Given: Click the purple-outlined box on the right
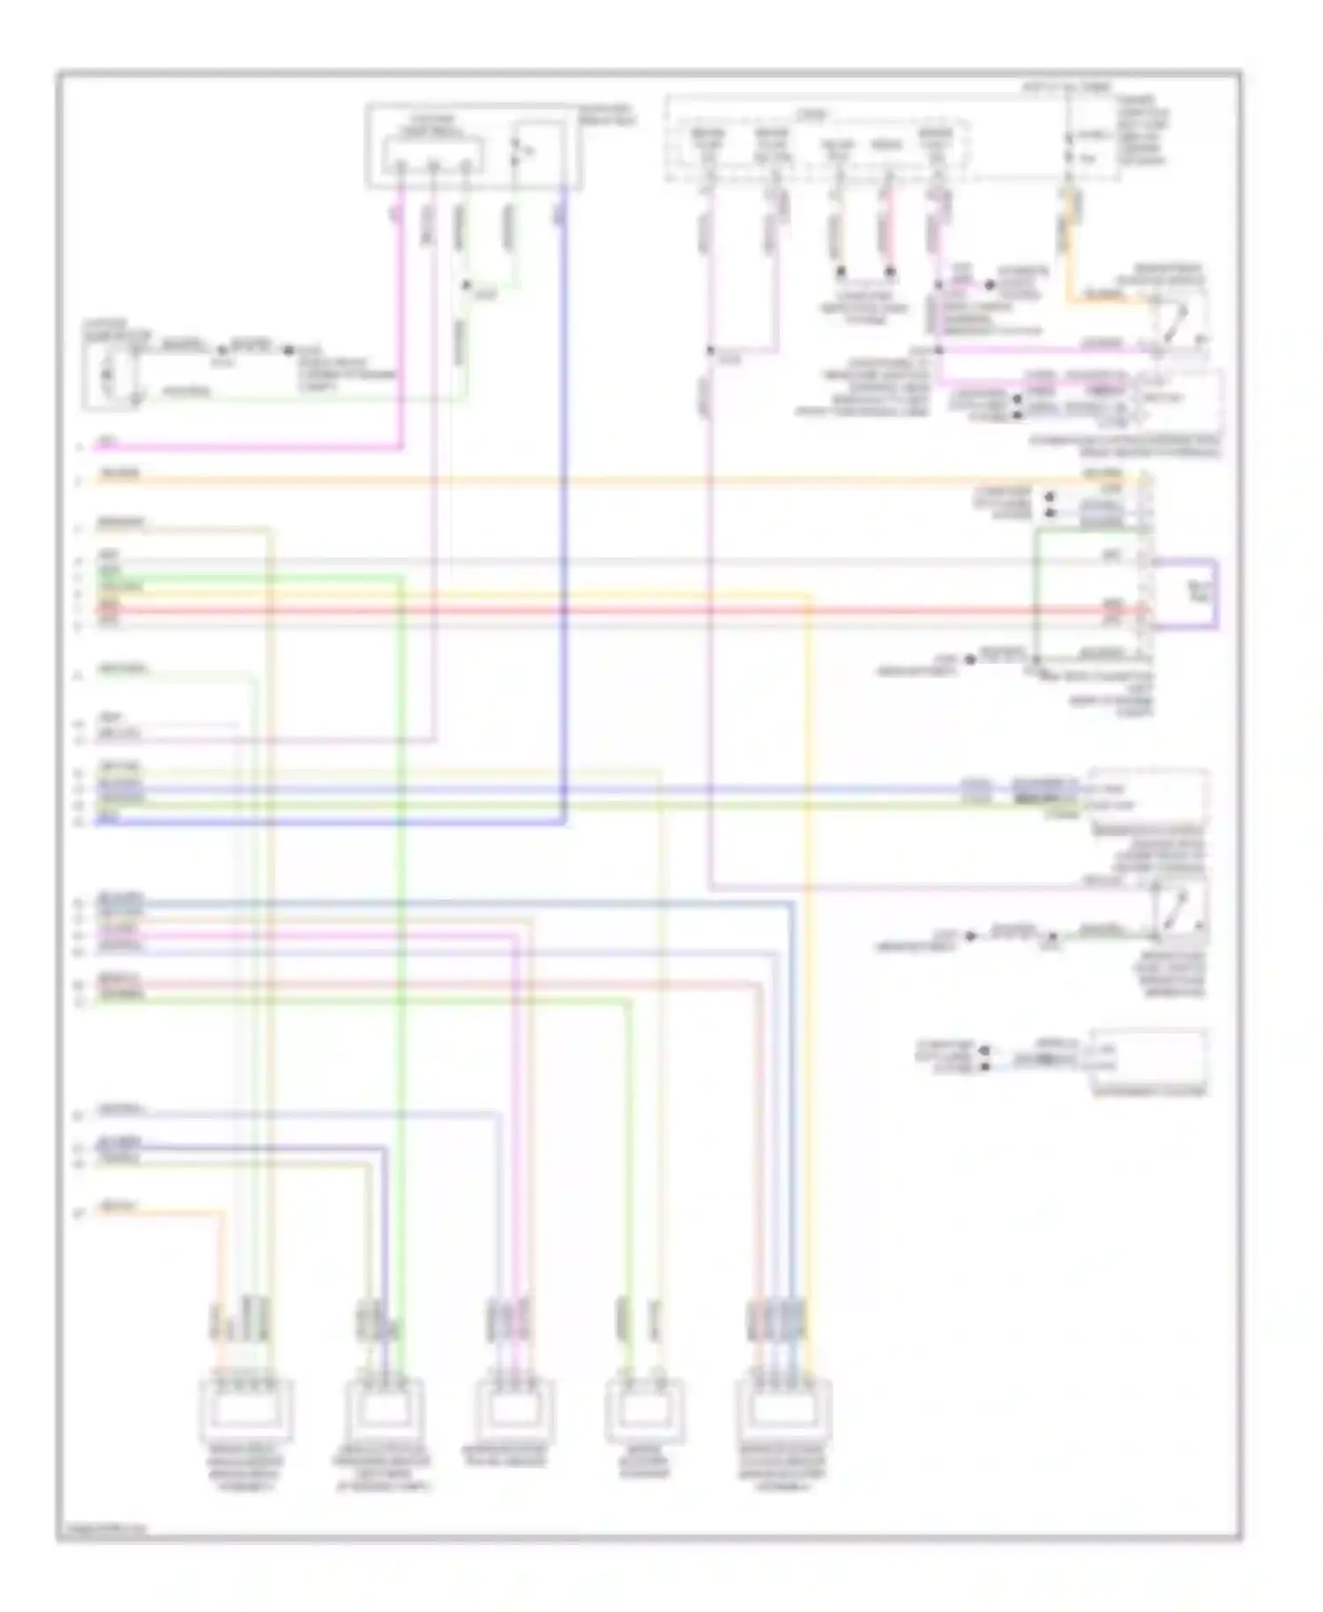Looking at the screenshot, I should coord(1187,593).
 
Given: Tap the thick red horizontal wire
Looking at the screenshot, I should coord(617,609).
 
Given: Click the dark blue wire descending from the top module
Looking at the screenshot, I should coord(564,494).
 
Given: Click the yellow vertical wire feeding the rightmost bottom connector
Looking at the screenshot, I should coord(810,970).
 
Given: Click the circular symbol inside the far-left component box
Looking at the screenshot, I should coord(108,375).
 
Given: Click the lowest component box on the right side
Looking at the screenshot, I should coord(1148,1058).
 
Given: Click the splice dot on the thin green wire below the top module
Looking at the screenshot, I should coord(467,286).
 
